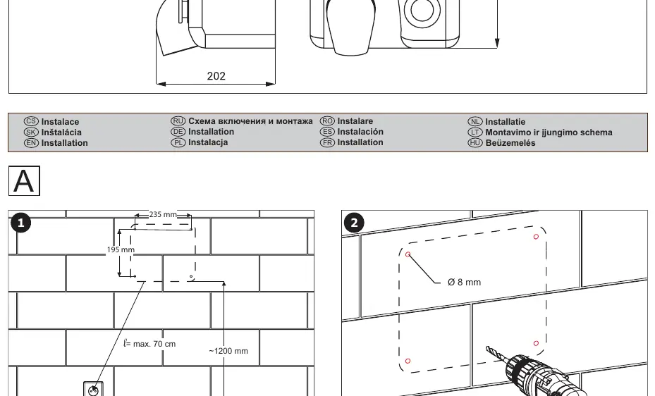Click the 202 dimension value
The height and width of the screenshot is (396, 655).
click(x=216, y=76)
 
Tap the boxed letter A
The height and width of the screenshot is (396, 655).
click(x=24, y=180)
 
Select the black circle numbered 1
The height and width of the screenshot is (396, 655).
click(x=20, y=223)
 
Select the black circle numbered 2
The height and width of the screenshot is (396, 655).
click(x=354, y=223)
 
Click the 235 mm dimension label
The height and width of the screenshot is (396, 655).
click(x=163, y=214)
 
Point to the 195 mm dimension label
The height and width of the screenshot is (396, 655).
click(x=121, y=249)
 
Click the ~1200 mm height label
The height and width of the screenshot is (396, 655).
click(x=228, y=351)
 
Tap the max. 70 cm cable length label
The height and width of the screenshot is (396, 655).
click(x=149, y=344)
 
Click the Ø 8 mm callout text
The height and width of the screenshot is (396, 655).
click(x=464, y=282)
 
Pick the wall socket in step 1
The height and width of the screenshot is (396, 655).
click(x=93, y=390)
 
